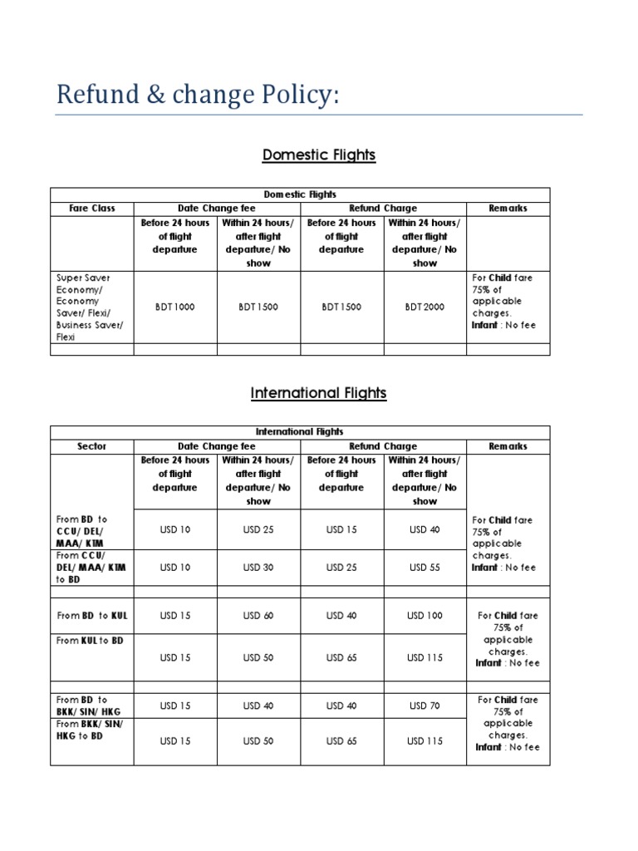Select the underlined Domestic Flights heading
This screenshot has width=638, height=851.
coord(319,155)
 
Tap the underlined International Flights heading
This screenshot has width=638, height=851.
coord(319,393)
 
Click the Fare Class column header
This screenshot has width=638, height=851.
coord(92,209)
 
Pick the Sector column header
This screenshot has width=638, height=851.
coord(92,446)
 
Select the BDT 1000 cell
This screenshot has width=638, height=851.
coord(175,307)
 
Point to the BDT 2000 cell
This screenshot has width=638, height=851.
coord(425,307)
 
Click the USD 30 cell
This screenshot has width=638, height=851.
coord(258,568)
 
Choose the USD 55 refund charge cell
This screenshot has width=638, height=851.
coord(425,568)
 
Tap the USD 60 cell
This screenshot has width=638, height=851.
coord(258,616)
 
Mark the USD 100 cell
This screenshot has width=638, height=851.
coord(425,616)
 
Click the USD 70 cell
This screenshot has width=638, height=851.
coord(425,706)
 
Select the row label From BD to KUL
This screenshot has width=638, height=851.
coord(92,616)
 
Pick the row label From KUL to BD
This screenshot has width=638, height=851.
coord(92,641)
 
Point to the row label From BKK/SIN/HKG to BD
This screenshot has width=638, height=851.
coord(89,730)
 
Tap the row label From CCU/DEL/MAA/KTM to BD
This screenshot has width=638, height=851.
coord(89,567)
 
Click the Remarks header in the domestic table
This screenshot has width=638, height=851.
coord(508,209)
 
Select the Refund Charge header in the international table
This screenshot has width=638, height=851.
coord(383,446)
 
